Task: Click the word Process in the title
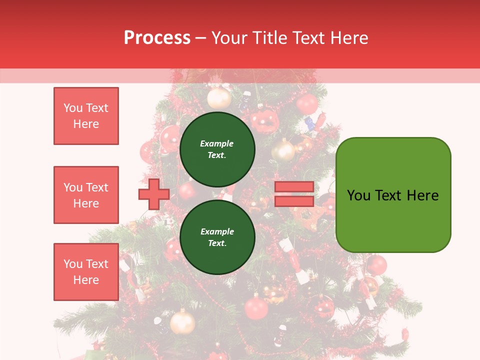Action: click(157, 38)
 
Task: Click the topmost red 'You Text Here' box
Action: click(86, 116)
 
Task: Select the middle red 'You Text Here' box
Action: click(86, 195)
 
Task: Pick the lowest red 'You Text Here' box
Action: click(86, 272)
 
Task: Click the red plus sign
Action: click(154, 194)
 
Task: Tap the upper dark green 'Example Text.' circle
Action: click(217, 149)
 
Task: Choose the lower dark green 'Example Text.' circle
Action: click(217, 237)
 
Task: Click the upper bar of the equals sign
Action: click(294, 187)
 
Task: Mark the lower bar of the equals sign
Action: click(294, 201)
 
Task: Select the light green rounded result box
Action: click(393, 195)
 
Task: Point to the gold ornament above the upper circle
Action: click(219, 98)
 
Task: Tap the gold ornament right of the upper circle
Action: click(283, 150)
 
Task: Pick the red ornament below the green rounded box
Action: click(376, 265)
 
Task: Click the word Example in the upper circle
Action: click(216, 143)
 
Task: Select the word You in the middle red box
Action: click(72, 187)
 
